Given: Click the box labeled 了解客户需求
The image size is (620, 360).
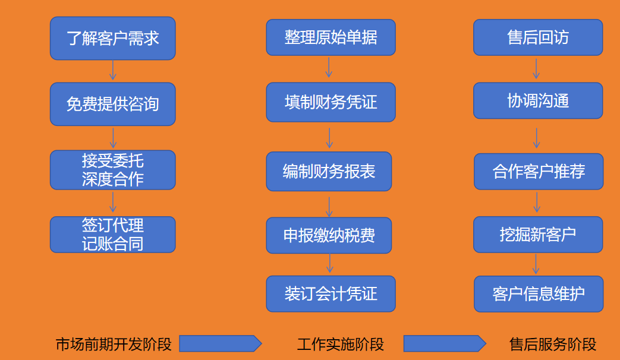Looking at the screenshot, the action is pos(113,39).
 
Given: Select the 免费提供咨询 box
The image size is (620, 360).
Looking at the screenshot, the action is pos(113,104).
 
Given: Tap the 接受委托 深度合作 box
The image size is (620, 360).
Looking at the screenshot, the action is pos(113,170).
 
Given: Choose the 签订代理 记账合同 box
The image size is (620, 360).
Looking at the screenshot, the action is pos(113,234).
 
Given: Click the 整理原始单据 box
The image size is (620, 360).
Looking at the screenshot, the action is pos(331,37).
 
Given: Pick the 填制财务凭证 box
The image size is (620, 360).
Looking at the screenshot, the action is pos(331,102).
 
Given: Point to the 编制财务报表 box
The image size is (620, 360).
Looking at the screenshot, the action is pos(329,171).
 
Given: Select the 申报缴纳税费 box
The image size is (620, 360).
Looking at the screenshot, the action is pos(329,235).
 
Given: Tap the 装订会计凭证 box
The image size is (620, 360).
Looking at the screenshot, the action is pos(331,293).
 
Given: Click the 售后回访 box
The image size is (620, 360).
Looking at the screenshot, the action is pos(538,37).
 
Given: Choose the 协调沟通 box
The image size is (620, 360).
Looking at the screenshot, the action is pos(538,100).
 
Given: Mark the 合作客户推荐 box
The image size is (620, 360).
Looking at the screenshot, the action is pos(539,172).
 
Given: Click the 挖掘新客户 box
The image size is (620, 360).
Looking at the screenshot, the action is pos(538,234).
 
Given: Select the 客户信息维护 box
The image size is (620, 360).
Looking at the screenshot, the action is pos(539,294).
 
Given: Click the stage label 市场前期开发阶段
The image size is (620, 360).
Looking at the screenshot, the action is pos(114,344).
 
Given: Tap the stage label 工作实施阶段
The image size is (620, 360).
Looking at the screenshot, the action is pos(341,344).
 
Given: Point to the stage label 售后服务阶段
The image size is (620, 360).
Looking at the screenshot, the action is pos(553,344).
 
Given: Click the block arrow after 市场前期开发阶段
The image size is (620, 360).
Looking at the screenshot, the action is pos(221,343).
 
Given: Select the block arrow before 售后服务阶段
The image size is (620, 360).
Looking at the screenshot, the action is pos(445,343).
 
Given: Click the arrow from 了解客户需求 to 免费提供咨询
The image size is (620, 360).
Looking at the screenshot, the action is pos(113,70).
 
